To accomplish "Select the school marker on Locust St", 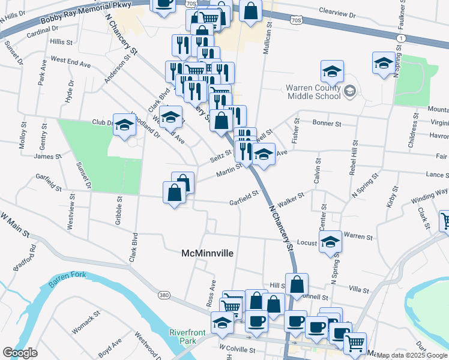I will click(x=330, y=242).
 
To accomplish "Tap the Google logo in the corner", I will click(x=20, y=352).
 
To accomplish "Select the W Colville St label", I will click(x=238, y=348).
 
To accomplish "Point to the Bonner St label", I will click(x=327, y=123).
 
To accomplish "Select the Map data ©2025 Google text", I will click(x=412, y=355).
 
